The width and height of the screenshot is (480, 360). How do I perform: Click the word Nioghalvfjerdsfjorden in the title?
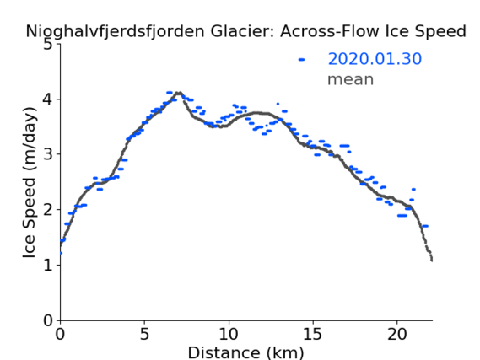(x=115, y=32)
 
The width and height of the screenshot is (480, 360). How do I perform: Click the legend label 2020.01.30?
(x=375, y=59)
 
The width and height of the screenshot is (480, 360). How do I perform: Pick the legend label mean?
(x=351, y=79)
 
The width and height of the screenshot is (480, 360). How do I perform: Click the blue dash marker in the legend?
(x=301, y=59)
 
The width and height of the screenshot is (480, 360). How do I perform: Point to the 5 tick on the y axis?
(x=48, y=45)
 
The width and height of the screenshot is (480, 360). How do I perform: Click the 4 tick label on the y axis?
(x=48, y=99)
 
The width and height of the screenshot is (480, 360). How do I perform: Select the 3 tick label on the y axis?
(x=48, y=154)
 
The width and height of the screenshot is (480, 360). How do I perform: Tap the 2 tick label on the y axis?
(x=48, y=210)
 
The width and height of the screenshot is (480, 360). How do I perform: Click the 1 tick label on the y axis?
(x=48, y=265)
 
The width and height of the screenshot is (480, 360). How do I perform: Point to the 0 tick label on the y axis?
(x=48, y=320)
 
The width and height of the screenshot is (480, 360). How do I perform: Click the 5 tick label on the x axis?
(x=144, y=334)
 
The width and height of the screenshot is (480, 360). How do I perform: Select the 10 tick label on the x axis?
(x=229, y=334)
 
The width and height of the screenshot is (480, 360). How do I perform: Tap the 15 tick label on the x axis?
(x=313, y=334)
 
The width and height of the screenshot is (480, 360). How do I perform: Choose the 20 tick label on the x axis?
(x=396, y=334)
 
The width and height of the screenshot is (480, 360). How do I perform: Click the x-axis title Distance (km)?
(x=245, y=352)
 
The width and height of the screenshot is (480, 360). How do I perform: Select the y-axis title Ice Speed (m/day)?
(x=30, y=183)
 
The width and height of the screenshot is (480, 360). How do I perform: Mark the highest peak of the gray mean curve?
(x=180, y=93)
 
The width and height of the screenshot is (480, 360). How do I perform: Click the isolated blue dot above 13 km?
(x=278, y=104)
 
